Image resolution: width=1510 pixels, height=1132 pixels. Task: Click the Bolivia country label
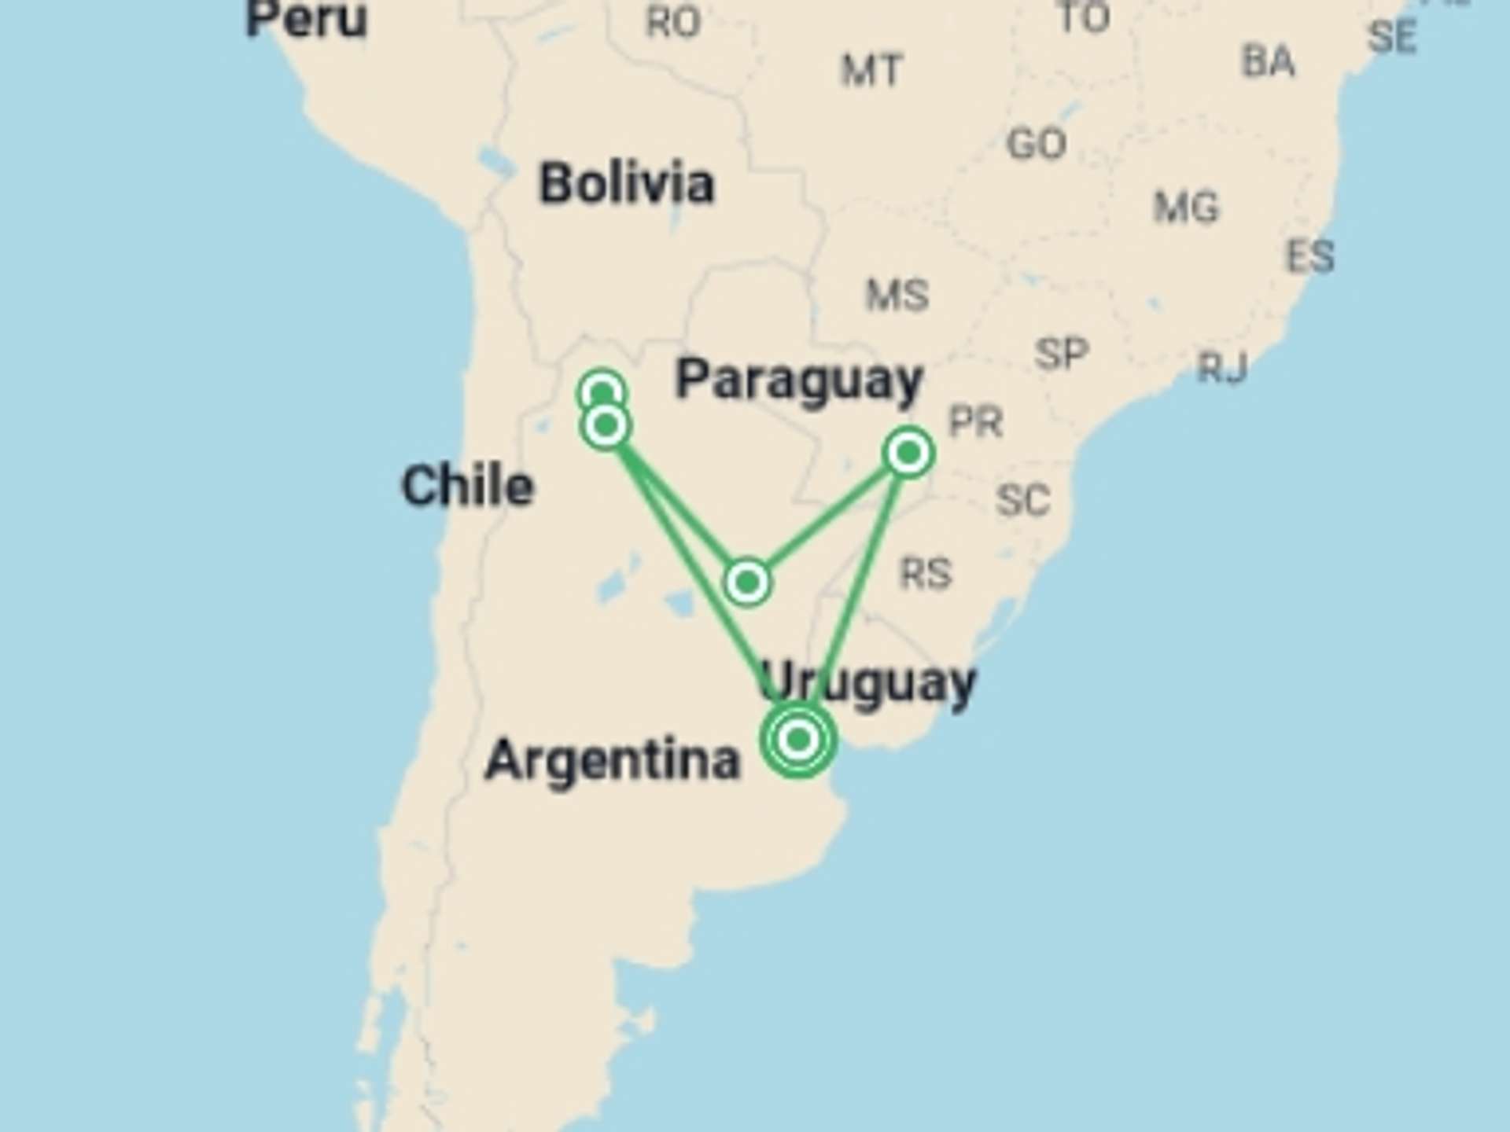click(x=627, y=184)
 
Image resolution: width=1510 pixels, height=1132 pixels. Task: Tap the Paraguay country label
click(x=799, y=381)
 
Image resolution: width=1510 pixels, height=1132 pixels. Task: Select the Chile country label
click(x=468, y=485)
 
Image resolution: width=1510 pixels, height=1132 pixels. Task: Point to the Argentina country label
click(x=613, y=759)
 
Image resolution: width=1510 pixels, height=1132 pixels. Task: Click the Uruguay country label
click(x=867, y=682)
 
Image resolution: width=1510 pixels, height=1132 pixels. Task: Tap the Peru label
click(x=306, y=19)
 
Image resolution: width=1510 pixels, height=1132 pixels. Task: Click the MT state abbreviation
click(x=871, y=71)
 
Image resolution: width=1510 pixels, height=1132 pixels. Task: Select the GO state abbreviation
click(x=1037, y=144)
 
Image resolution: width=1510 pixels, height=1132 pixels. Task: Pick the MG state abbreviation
click(x=1186, y=208)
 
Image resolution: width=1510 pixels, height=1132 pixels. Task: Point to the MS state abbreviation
click(x=897, y=296)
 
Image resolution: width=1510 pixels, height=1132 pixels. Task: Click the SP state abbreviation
click(x=1062, y=354)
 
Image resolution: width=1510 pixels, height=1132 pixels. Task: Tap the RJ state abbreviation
click(x=1222, y=367)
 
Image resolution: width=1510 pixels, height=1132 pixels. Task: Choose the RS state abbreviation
click(x=926, y=573)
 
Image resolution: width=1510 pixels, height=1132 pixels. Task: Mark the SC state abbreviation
click(x=1022, y=500)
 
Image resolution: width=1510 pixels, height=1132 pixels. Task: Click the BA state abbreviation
click(x=1268, y=61)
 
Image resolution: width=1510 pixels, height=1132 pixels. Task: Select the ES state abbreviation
click(x=1310, y=256)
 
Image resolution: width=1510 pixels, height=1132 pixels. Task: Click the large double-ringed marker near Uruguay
click(x=798, y=739)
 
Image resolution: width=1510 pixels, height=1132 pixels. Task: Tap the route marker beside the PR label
click(x=909, y=453)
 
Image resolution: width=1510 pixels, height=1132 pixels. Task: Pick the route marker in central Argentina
click(x=747, y=583)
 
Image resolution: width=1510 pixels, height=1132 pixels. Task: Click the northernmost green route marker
click(x=602, y=391)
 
